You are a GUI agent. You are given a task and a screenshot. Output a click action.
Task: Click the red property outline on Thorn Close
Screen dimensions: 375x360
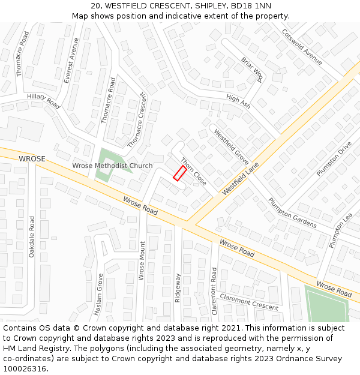click(179, 173)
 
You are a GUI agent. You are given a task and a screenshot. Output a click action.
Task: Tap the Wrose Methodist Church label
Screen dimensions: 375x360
click(112, 166)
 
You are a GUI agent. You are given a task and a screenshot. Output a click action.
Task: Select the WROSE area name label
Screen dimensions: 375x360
click(32, 159)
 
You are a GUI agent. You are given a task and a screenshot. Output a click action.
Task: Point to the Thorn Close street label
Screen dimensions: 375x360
click(193, 172)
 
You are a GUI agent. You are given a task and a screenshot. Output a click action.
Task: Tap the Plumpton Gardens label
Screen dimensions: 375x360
click(292, 213)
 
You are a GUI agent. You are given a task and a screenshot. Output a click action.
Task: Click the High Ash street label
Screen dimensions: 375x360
click(238, 101)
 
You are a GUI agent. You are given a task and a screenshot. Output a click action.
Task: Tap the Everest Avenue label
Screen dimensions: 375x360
click(71, 61)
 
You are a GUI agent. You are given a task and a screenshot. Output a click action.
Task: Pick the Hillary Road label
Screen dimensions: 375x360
click(43, 100)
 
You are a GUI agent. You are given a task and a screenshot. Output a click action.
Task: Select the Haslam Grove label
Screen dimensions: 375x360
click(100, 296)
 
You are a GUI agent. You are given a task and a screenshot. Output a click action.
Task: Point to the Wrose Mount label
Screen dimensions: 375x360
click(142, 261)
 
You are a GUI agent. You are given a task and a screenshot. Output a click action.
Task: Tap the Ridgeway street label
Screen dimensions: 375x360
click(178, 288)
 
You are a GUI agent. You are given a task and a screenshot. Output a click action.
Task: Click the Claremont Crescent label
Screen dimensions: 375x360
click(249, 301)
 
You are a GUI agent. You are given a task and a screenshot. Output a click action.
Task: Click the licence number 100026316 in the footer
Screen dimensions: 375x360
click(25, 368)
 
